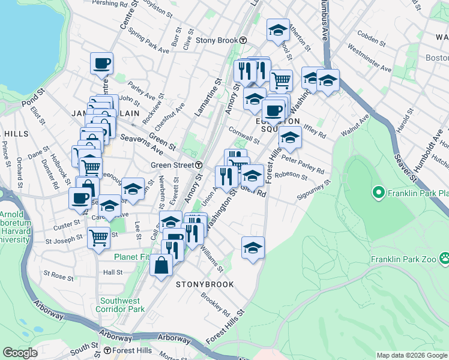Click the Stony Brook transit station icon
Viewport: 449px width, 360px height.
(243, 40)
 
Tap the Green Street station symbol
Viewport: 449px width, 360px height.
(198, 165)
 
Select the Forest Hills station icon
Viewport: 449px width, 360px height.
(107, 350)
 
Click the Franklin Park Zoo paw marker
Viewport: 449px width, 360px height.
(445, 259)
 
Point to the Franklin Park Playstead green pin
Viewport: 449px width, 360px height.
(378, 193)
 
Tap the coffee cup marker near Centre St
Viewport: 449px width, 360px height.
(102, 62)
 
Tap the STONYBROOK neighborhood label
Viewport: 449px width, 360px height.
(204, 283)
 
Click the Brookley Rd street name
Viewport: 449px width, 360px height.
(215, 305)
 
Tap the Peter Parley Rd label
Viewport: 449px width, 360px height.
(303, 166)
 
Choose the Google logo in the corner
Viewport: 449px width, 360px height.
(20, 353)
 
